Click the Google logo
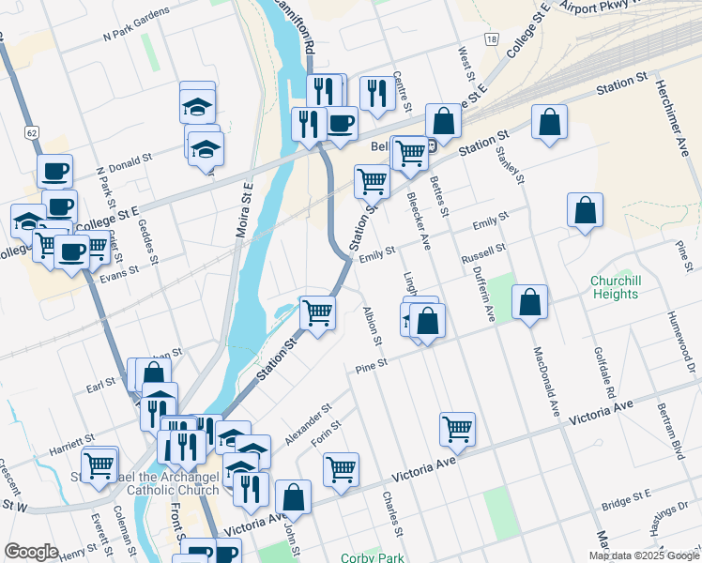pos(30,552)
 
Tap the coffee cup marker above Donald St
pos(54,171)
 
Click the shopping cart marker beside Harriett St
pos(99,464)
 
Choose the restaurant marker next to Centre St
pos(376,92)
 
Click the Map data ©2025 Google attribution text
pos(644,555)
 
